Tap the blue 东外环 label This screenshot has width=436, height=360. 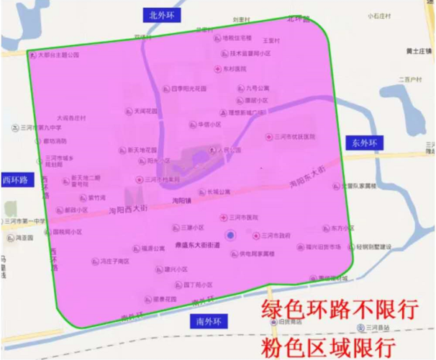pos(365,143)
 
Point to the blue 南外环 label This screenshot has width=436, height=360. pos(206,321)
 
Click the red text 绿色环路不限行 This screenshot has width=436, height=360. pos(341,310)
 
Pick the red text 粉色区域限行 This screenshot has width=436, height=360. pos(341,346)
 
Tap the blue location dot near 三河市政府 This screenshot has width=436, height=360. pos(230,235)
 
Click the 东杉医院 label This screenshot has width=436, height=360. pos(235,68)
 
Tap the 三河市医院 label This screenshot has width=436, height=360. pos(243,217)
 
